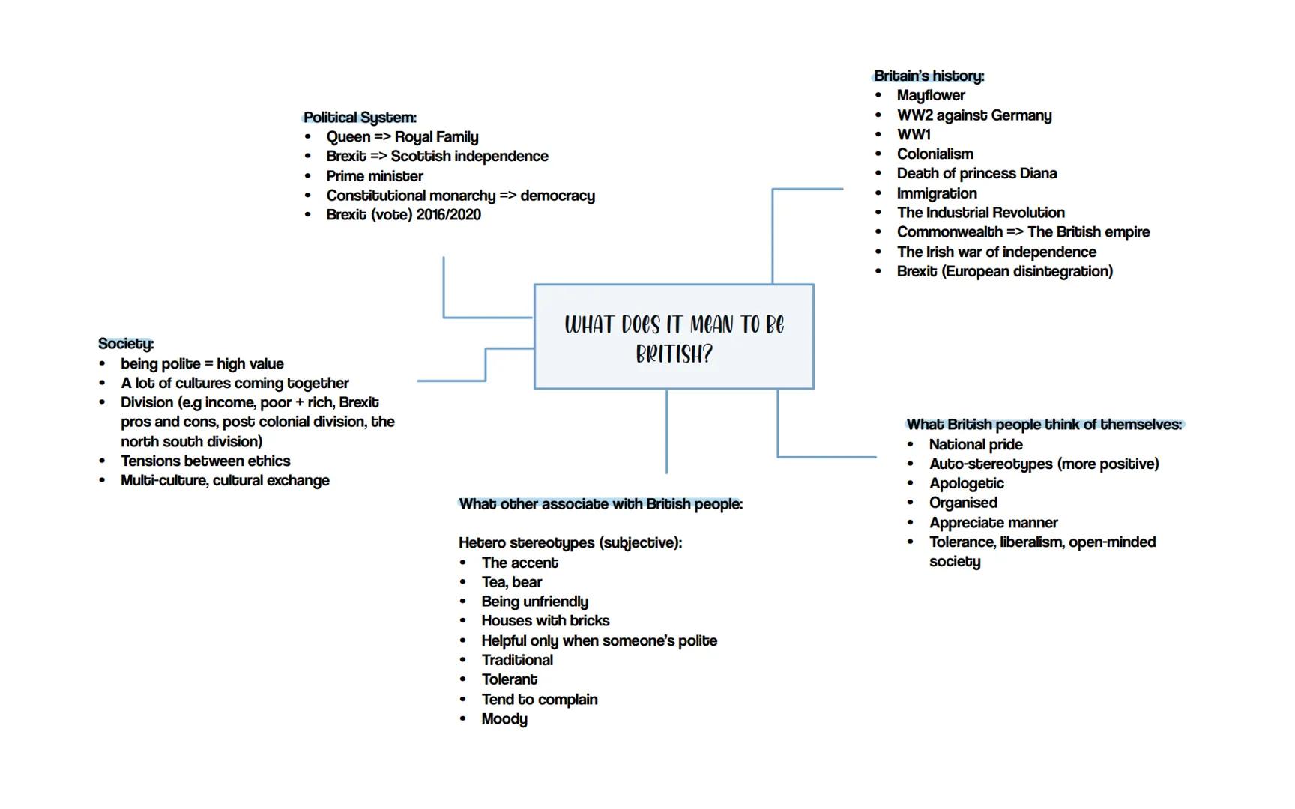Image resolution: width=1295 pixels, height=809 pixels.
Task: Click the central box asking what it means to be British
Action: coord(674,336)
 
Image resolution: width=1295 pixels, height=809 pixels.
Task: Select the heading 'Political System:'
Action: coord(360,118)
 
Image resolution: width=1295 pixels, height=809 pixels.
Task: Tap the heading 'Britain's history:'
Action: coord(929,76)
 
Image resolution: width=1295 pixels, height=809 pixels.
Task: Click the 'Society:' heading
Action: coord(126,344)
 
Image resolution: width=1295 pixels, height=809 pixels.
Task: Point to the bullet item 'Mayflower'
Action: coord(931,95)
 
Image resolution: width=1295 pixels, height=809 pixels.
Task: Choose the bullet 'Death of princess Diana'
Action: coord(976,173)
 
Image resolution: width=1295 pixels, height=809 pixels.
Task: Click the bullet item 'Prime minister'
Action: coord(375,176)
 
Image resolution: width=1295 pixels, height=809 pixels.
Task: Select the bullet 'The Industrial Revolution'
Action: coord(980,213)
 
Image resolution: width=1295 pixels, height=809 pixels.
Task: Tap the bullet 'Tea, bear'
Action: coord(512,582)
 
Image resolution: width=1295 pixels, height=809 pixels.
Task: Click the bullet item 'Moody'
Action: coord(504,719)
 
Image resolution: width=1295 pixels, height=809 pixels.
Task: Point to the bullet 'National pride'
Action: coord(976,444)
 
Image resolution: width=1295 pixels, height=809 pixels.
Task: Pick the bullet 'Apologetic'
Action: coord(966,483)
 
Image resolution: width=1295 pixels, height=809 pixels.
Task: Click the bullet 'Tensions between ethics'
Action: coord(205,461)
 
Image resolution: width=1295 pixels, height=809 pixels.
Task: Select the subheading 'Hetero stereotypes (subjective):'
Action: coord(570,542)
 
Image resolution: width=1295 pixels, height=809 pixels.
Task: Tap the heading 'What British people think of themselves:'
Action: coord(1044,425)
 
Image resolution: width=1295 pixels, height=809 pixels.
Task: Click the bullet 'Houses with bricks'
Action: coord(546,621)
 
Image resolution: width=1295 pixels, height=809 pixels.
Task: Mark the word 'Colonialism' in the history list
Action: coord(935,154)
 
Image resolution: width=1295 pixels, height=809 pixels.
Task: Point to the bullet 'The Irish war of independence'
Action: coord(996,252)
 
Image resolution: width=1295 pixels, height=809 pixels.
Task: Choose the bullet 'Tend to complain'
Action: coord(540,700)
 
